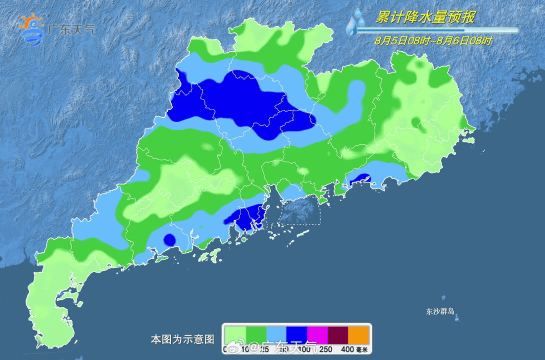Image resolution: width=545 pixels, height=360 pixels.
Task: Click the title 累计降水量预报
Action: point(425,18)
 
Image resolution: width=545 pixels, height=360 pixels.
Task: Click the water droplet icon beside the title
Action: point(356,23)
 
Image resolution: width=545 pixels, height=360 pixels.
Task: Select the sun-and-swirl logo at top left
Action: point(32,29)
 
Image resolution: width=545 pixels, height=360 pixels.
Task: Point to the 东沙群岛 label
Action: point(441,312)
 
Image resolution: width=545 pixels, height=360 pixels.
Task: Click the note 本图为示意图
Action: point(183,339)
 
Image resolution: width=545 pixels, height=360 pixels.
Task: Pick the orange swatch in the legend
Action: point(359,334)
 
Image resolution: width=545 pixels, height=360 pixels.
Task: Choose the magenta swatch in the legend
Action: point(318,334)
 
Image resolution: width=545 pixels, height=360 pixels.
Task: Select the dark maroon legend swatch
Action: point(339,334)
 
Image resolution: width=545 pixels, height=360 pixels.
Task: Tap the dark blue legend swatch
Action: point(297,334)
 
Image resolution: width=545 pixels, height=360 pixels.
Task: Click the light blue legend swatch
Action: point(277,334)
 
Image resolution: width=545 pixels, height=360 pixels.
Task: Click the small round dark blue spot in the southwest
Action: point(170,239)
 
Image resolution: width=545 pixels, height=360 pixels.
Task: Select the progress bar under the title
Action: point(437,30)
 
